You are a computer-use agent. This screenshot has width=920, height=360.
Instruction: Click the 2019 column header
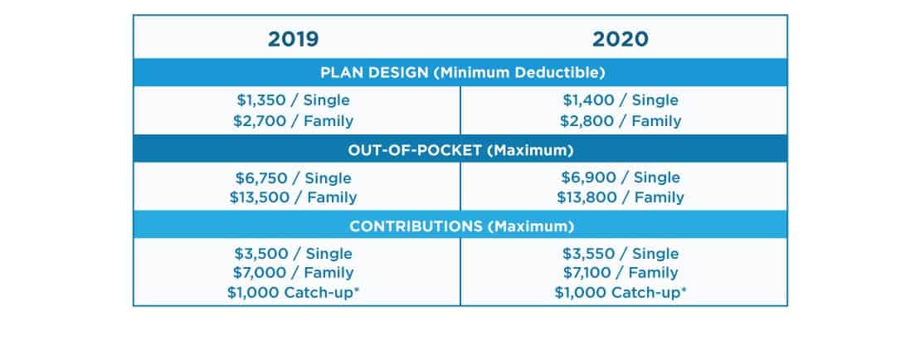[x=293, y=39]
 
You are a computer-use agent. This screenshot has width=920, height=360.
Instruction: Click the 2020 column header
[x=621, y=39]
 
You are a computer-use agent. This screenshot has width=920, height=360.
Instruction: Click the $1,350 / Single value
[x=293, y=100]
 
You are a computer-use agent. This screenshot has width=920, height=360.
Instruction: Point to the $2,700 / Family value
[x=293, y=121]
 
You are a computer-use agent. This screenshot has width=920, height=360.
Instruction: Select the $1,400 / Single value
[x=621, y=100]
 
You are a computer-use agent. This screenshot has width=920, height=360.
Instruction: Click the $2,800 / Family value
[x=621, y=121]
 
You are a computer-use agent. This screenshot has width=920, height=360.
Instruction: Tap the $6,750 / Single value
[x=293, y=178]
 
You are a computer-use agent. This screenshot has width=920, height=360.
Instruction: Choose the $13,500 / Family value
[x=293, y=197]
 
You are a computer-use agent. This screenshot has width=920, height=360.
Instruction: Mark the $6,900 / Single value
[x=621, y=178]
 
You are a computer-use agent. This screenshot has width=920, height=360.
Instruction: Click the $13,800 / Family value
[x=621, y=197]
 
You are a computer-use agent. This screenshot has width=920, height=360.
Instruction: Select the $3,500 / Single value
[x=293, y=254]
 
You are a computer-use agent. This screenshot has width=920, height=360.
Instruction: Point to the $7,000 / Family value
[x=293, y=273]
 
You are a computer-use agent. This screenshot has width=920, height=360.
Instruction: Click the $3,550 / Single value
[x=621, y=254]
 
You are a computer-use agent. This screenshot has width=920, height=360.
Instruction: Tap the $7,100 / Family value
[x=621, y=273]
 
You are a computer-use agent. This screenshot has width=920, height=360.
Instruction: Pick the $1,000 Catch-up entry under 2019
[x=293, y=292]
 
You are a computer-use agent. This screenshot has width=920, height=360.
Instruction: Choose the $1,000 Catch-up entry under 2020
[x=621, y=292]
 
